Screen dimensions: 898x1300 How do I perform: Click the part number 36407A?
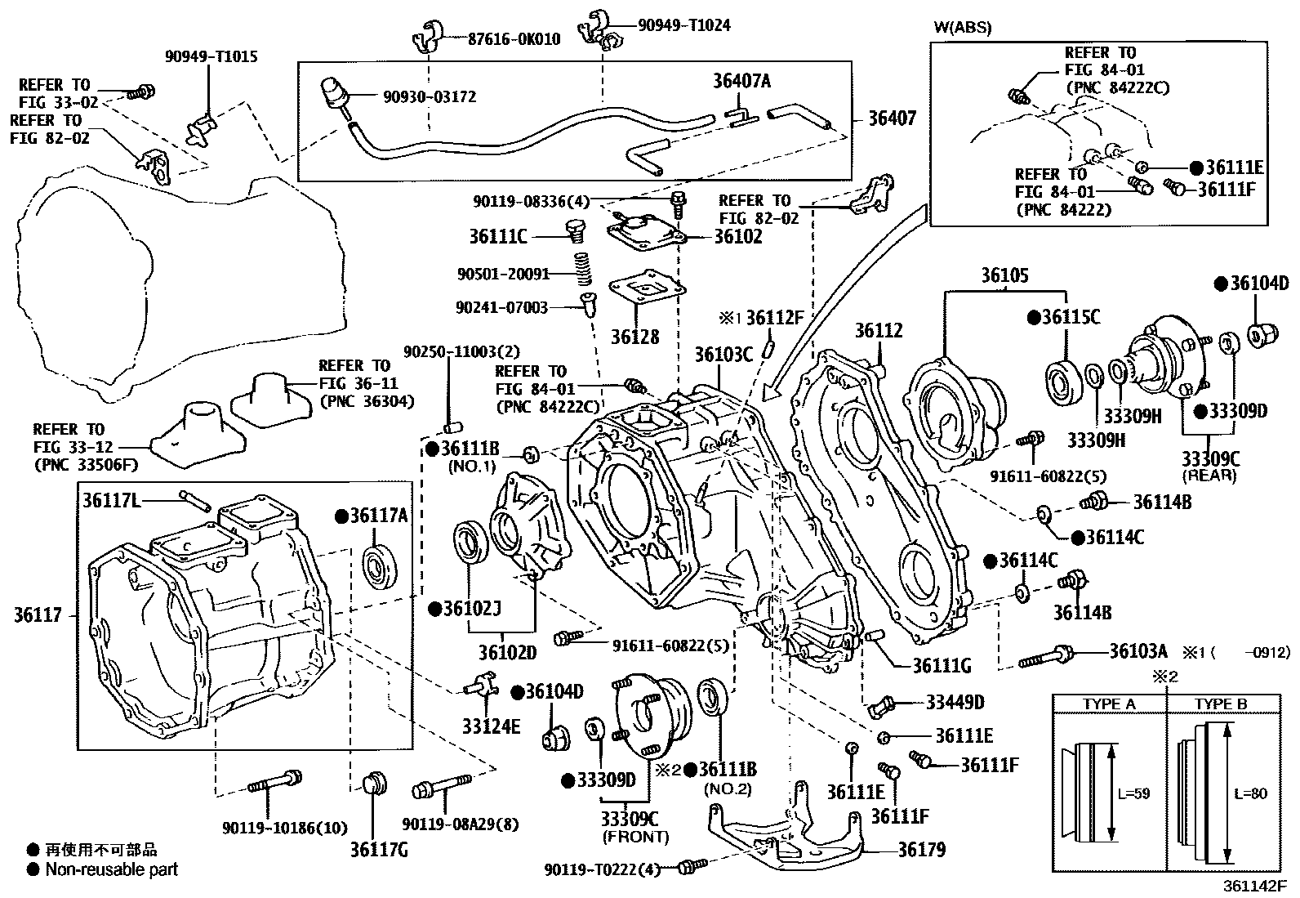[x=741, y=81]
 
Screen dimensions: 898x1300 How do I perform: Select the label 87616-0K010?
[x=514, y=38]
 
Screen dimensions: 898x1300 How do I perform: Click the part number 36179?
[x=921, y=850]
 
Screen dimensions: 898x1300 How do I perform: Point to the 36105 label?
[x=1004, y=275]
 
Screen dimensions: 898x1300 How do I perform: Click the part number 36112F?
[x=775, y=318]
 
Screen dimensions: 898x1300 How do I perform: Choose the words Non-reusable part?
[x=112, y=869]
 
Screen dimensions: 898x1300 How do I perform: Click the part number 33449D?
[x=955, y=702]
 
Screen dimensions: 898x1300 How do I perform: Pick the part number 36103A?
[x=1138, y=651]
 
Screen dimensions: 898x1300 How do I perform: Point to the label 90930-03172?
[x=430, y=96]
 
